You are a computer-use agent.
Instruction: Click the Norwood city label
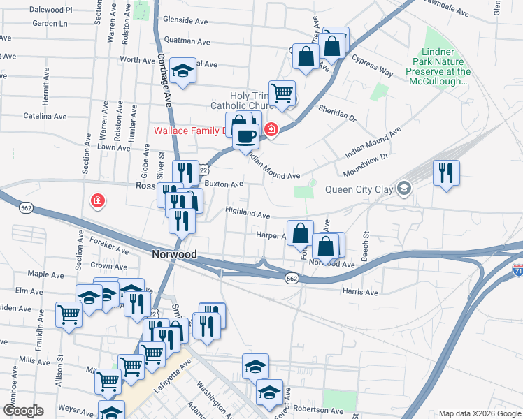pyautogui.click(x=174, y=255)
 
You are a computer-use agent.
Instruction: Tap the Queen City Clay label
pyautogui.click(x=356, y=188)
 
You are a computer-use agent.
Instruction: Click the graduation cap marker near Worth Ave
pyautogui.click(x=183, y=71)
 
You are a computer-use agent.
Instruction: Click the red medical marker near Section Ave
pyautogui.click(x=99, y=202)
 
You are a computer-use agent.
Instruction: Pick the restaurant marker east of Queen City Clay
pyautogui.click(x=445, y=172)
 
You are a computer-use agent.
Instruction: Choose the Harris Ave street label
pyautogui.click(x=360, y=291)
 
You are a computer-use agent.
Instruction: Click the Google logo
pyautogui.click(x=23, y=411)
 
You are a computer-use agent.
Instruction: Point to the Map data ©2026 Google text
pyautogui.click(x=479, y=413)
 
